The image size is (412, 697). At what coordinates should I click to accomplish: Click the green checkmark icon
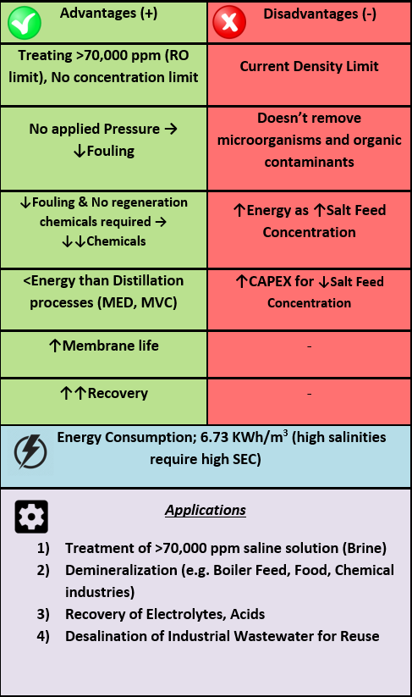pyautogui.click(x=25, y=23)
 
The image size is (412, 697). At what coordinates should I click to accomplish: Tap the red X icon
pyautogui.click(x=229, y=22)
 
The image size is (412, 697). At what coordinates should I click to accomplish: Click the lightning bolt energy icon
pyautogui.click(x=30, y=451)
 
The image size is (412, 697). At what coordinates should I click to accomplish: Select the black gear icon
pyautogui.click(x=31, y=517)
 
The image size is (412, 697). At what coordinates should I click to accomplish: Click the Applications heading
pyautogui.click(x=205, y=510)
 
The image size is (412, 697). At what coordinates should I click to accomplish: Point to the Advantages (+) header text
pyautogui.click(x=108, y=13)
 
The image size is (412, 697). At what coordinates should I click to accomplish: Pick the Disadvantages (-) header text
pyautogui.click(x=320, y=14)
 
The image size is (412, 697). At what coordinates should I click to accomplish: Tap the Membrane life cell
pyautogui.click(x=104, y=354)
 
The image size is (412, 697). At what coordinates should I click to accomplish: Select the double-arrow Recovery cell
pyautogui.click(x=104, y=401)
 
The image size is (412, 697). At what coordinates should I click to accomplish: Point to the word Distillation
pyautogui.click(x=148, y=280)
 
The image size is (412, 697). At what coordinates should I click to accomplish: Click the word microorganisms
pyautogui.click(x=270, y=141)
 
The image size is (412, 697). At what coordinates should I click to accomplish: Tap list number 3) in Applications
pyautogui.click(x=43, y=614)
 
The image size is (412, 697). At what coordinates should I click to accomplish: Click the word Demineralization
pyautogui.click(x=121, y=570)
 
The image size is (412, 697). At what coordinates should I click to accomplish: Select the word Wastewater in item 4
pyautogui.click(x=274, y=636)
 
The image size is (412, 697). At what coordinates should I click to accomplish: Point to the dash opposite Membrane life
pyautogui.click(x=309, y=346)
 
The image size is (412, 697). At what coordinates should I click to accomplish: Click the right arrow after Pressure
pyautogui.click(x=171, y=129)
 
